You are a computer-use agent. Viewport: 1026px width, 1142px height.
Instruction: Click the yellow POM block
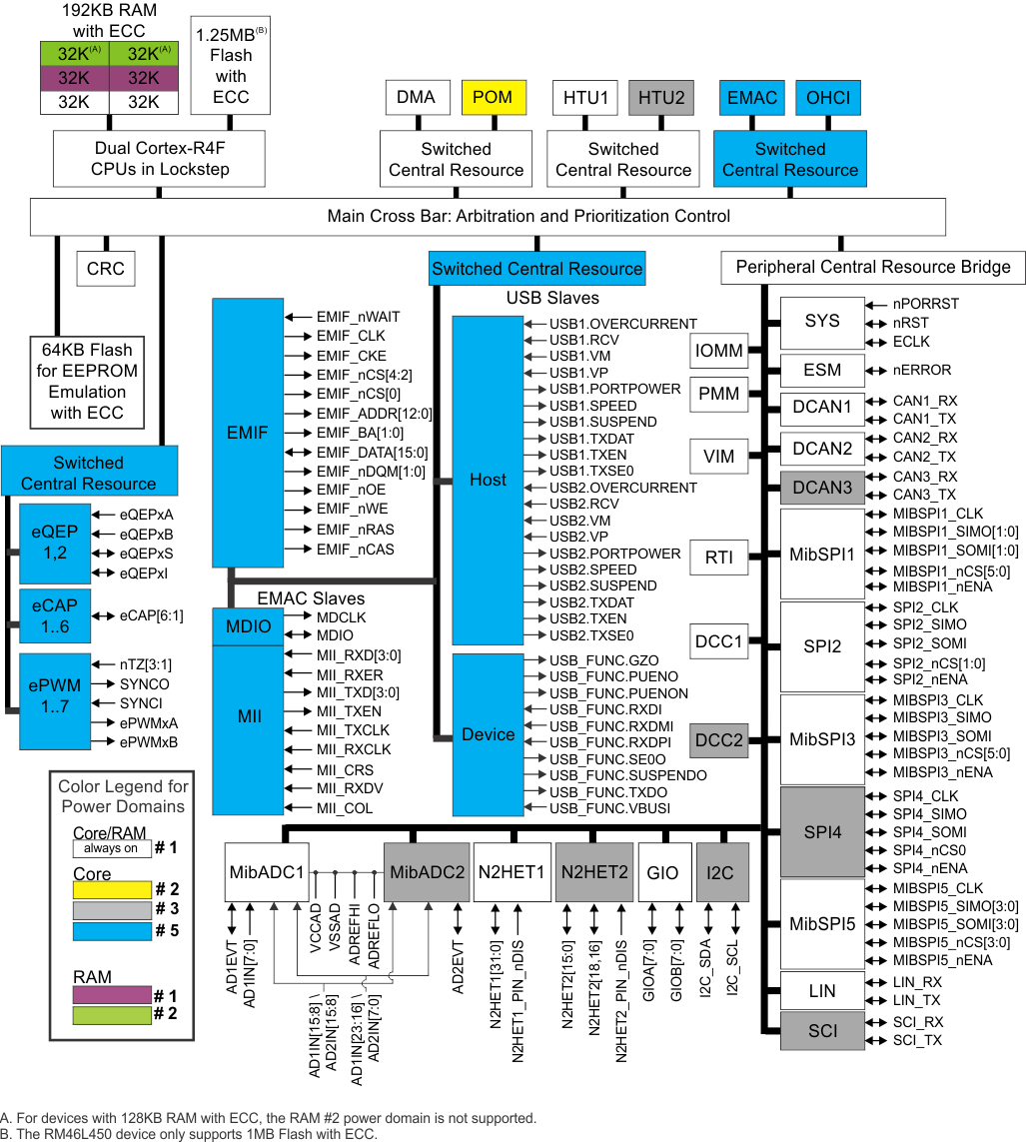pyautogui.click(x=493, y=97)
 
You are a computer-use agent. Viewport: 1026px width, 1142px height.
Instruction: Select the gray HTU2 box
pyautogui.click(x=661, y=97)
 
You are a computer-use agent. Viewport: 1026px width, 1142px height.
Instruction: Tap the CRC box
pyautogui.click(x=105, y=269)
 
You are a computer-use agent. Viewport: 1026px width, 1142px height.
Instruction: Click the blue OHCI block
pyautogui.click(x=827, y=97)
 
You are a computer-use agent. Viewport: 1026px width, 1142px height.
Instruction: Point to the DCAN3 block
pyautogui.click(x=822, y=487)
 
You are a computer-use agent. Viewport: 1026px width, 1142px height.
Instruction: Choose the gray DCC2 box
pyautogui.click(x=719, y=740)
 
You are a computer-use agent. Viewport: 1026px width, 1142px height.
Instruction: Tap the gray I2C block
pyautogui.click(x=720, y=872)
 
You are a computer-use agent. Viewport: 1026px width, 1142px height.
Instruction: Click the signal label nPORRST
pyautogui.click(x=925, y=304)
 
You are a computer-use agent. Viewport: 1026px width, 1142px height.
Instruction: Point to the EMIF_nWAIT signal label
pyautogui.click(x=358, y=317)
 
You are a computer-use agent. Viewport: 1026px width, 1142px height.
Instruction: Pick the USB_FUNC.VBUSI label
pyautogui.click(x=609, y=808)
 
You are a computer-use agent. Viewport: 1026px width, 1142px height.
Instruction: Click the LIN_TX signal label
pyautogui.click(x=916, y=1000)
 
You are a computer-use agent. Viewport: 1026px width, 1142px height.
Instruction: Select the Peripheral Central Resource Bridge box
pyautogui.click(x=873, y=267)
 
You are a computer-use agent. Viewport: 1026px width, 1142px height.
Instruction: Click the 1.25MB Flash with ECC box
pyautogui.click(x=231, y=65)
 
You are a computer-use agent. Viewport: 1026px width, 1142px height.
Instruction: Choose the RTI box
pyautogui.click(x=719, y=557)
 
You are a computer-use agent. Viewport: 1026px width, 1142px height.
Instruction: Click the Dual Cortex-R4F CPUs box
pyautogui.click(x=160, y=159)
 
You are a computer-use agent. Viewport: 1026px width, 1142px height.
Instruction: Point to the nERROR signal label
pyautogui.click(x=922, y=370)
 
